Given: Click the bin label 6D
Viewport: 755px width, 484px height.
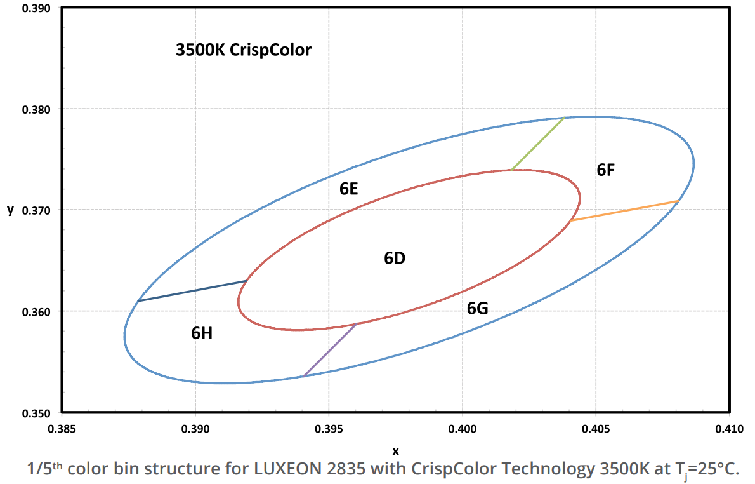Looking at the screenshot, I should (395, 259).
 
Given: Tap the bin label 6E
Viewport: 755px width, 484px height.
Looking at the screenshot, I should (349, 189).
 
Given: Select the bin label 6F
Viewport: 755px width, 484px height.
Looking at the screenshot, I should (606, 170).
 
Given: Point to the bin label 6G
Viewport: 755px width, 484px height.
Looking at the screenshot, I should (477, 309).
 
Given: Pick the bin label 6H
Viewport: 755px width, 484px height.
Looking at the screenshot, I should (201, 333).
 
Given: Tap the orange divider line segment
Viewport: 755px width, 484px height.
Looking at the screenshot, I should (625, 211).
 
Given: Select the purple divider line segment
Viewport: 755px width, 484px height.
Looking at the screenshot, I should (330, 350).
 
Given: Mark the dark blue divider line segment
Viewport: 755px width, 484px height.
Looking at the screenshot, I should (192, 290).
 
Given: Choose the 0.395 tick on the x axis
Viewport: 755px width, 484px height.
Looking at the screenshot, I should (329, 429).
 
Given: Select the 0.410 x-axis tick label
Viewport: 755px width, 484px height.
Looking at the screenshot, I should (729, 429).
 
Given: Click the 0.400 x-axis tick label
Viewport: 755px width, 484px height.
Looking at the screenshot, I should (463, 429).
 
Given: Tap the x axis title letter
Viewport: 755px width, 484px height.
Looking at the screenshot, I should (395, 451).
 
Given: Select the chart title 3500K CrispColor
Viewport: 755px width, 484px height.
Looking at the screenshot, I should (244, 50).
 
